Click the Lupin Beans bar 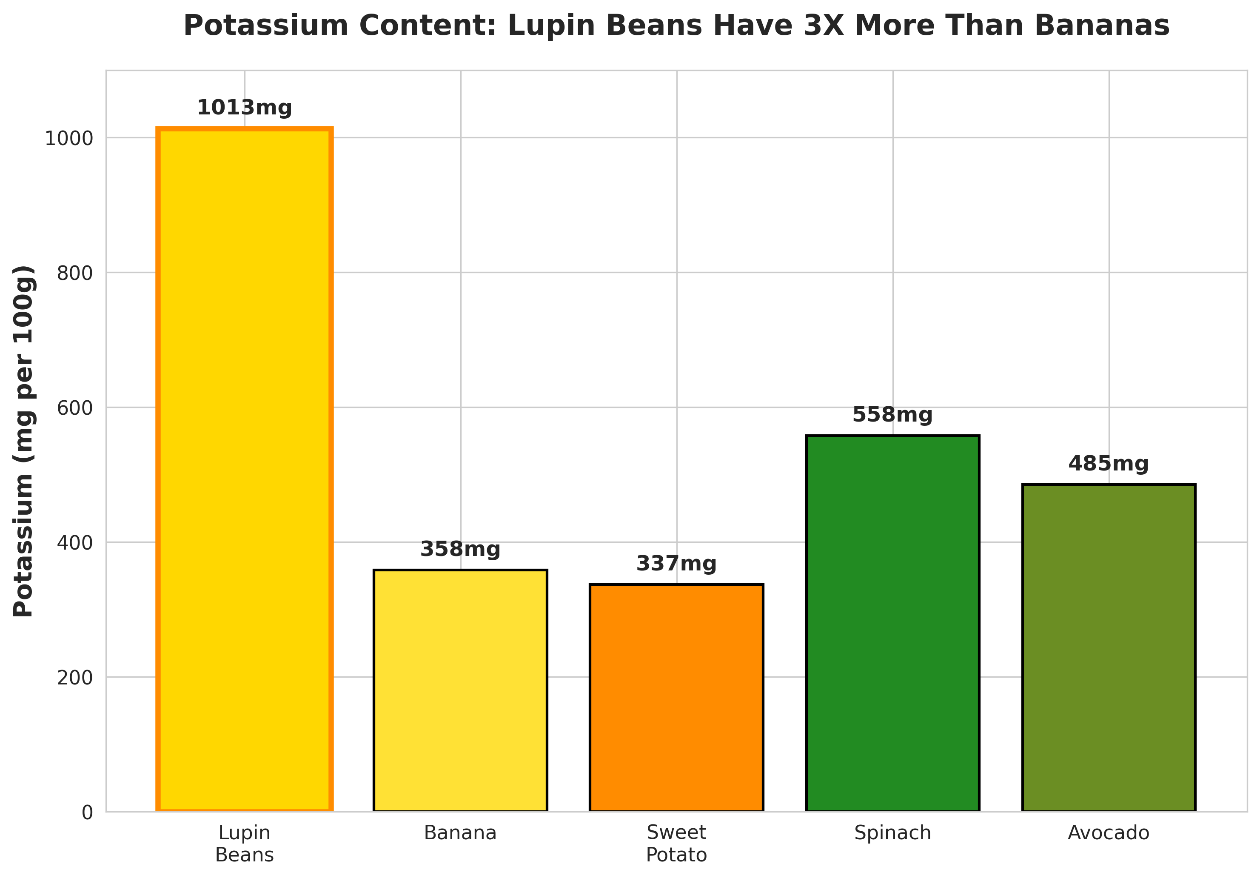pos(244,469)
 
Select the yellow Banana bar pos(460,690)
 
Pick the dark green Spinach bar pos(893,623)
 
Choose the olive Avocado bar pos(1109,647)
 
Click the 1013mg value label pos(244,108)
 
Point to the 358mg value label pos(460,549)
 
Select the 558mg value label pos(893,415)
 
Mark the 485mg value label pos(1109,464)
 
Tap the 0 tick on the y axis pos(87,812)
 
